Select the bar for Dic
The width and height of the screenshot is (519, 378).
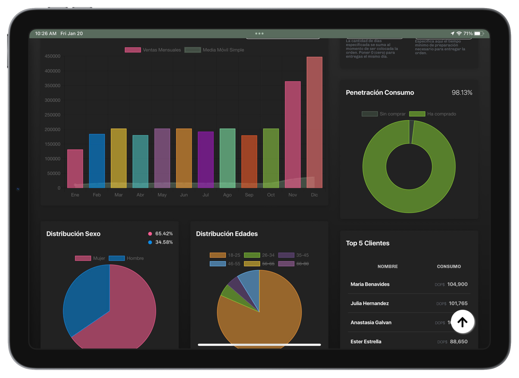click(314, 122)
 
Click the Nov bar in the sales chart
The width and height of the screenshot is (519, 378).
click(293, 134)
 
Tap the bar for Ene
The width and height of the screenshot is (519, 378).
click(75, 168)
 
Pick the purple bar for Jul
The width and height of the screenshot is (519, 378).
click(206, 159)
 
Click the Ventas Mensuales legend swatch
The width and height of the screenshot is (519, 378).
click(133, 50)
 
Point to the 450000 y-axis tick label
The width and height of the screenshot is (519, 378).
click(53, 56)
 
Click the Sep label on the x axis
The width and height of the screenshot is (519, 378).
click(249, 195)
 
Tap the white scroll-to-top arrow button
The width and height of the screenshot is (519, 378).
click(462, 322)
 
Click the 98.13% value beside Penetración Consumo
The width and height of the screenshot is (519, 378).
click(462, 93)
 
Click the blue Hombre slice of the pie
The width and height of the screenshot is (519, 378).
click(86, 299)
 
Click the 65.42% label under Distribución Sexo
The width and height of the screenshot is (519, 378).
click(164, 234)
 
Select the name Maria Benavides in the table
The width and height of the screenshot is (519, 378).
click(370, 284)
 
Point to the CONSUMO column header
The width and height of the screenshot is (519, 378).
click(448, 266)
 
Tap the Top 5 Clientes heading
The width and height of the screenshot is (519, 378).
click(367, 243)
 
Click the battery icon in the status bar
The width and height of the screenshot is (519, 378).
click(478, 34)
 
